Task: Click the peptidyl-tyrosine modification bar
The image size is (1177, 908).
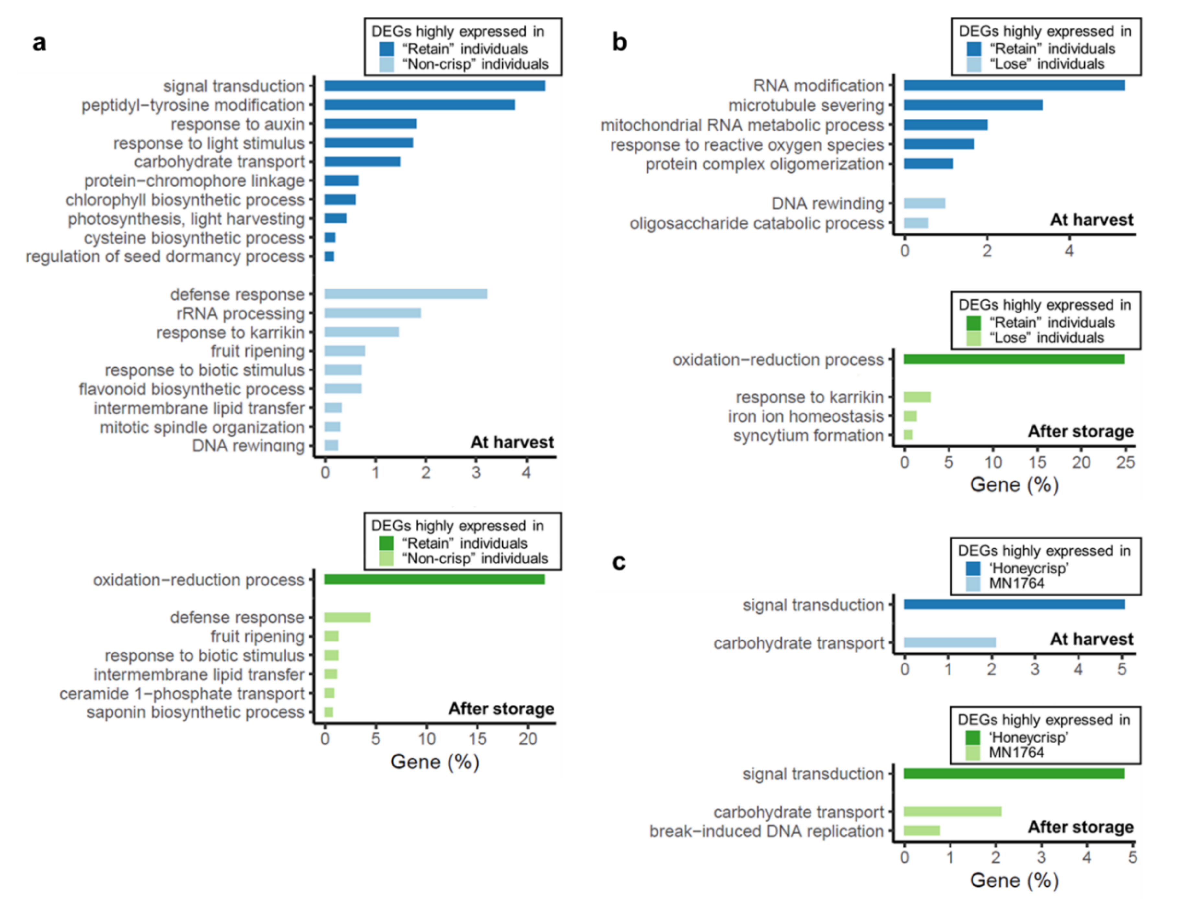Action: [x=419, y=105]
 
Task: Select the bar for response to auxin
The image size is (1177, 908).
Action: [x=370, y=124]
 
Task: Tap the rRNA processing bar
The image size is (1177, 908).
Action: [x=372, y=313]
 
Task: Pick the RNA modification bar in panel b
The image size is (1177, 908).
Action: [x=1014, y=85]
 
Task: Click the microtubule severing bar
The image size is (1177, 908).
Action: [x=973, y=105]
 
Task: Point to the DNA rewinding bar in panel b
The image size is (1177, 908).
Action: [x=924, y=203]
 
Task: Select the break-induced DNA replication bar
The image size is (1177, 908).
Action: [x=922, y=831]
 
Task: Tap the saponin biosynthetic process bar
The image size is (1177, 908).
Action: [x=329, y=712]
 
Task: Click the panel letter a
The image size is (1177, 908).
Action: [x=39, y=42]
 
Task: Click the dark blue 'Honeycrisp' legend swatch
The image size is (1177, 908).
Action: [x=973, y=568]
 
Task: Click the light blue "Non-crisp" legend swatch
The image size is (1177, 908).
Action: [x=386, y=65]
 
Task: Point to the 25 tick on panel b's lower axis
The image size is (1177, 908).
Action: [x=1125, y=462]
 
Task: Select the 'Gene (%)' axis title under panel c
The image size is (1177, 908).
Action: [x=1014, y=880]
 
